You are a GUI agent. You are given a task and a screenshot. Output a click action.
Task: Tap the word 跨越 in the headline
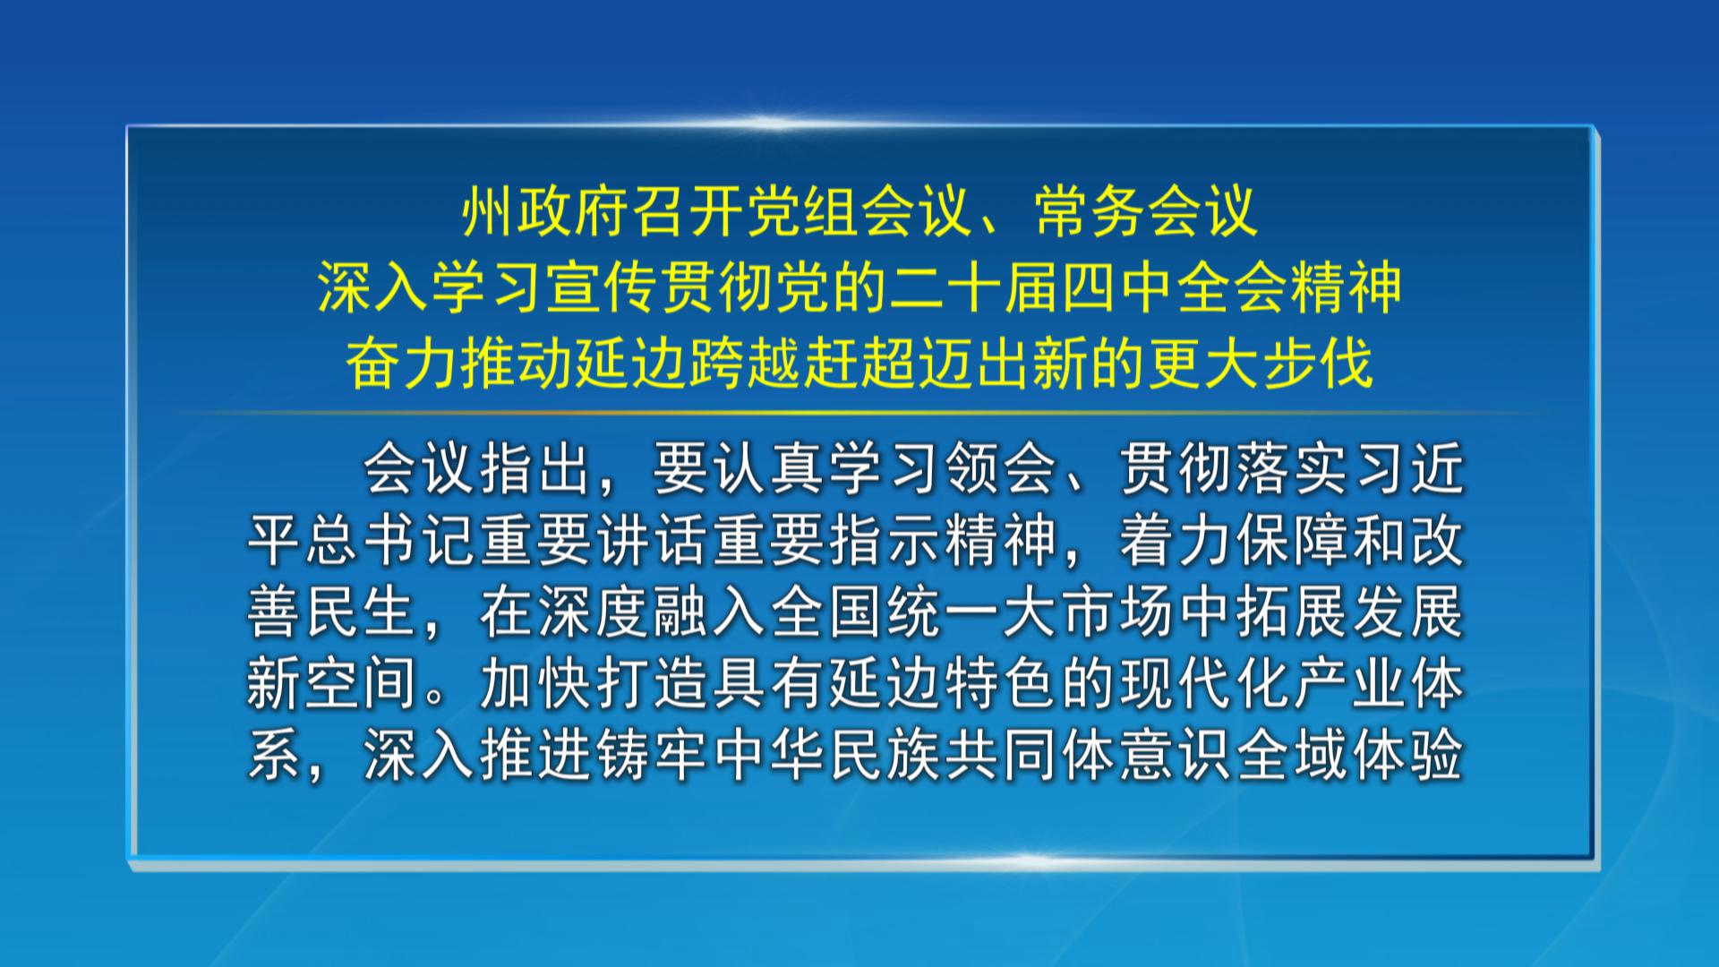746,364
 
